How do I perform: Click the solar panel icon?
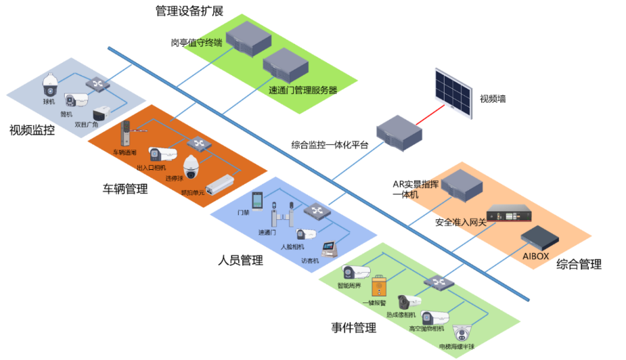tap(453, 93)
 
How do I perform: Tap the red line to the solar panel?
tap(430, 114)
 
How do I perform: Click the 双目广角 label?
tap(86, 125)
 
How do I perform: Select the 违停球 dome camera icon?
tap(192, 165)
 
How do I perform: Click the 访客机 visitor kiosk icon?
tap(329, 248)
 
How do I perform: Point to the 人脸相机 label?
tap(292, 247)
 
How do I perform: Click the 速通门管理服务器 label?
tap(303, 90)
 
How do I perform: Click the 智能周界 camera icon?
tap(356, 273)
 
